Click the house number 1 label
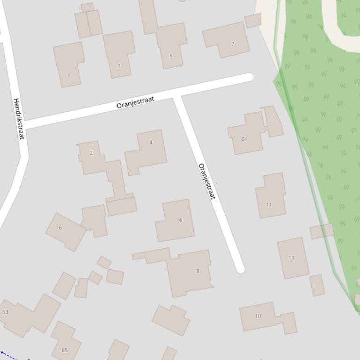click(69, 75)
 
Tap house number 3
click(119, 66)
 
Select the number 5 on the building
click(171, 57)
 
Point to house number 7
click(233, 44)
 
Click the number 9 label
click(243, 139)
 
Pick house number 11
click(269, 204)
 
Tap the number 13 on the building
click(291, 258)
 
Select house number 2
click(91, 153)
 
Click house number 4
click(151, 142)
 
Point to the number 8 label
click(198, 271)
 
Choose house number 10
click(257, 316)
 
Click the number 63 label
click(5, 312)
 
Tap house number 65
click(65, 350)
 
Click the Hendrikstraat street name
click(19, 119)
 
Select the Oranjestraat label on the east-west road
click(135, 102)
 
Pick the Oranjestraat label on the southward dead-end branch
click(207, 181)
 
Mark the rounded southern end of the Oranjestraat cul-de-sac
click(241, 269)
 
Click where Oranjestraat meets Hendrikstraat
click(23, 125)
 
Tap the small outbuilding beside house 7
click(253, 21)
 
